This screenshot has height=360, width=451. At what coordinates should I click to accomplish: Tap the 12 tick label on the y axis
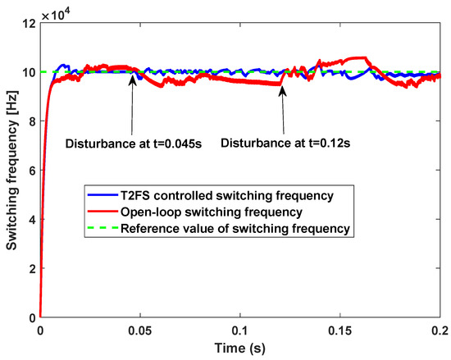(x=28, y=24)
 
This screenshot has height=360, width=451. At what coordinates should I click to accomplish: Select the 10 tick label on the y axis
(x=28, y=73)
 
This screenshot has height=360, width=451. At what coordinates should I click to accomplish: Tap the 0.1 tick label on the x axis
(x=240, y=330)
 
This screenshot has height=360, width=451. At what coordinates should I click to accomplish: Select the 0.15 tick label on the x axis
(x=340, y=330)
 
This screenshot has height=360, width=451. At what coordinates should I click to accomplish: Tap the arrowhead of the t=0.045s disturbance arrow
(x=130, y=77)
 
